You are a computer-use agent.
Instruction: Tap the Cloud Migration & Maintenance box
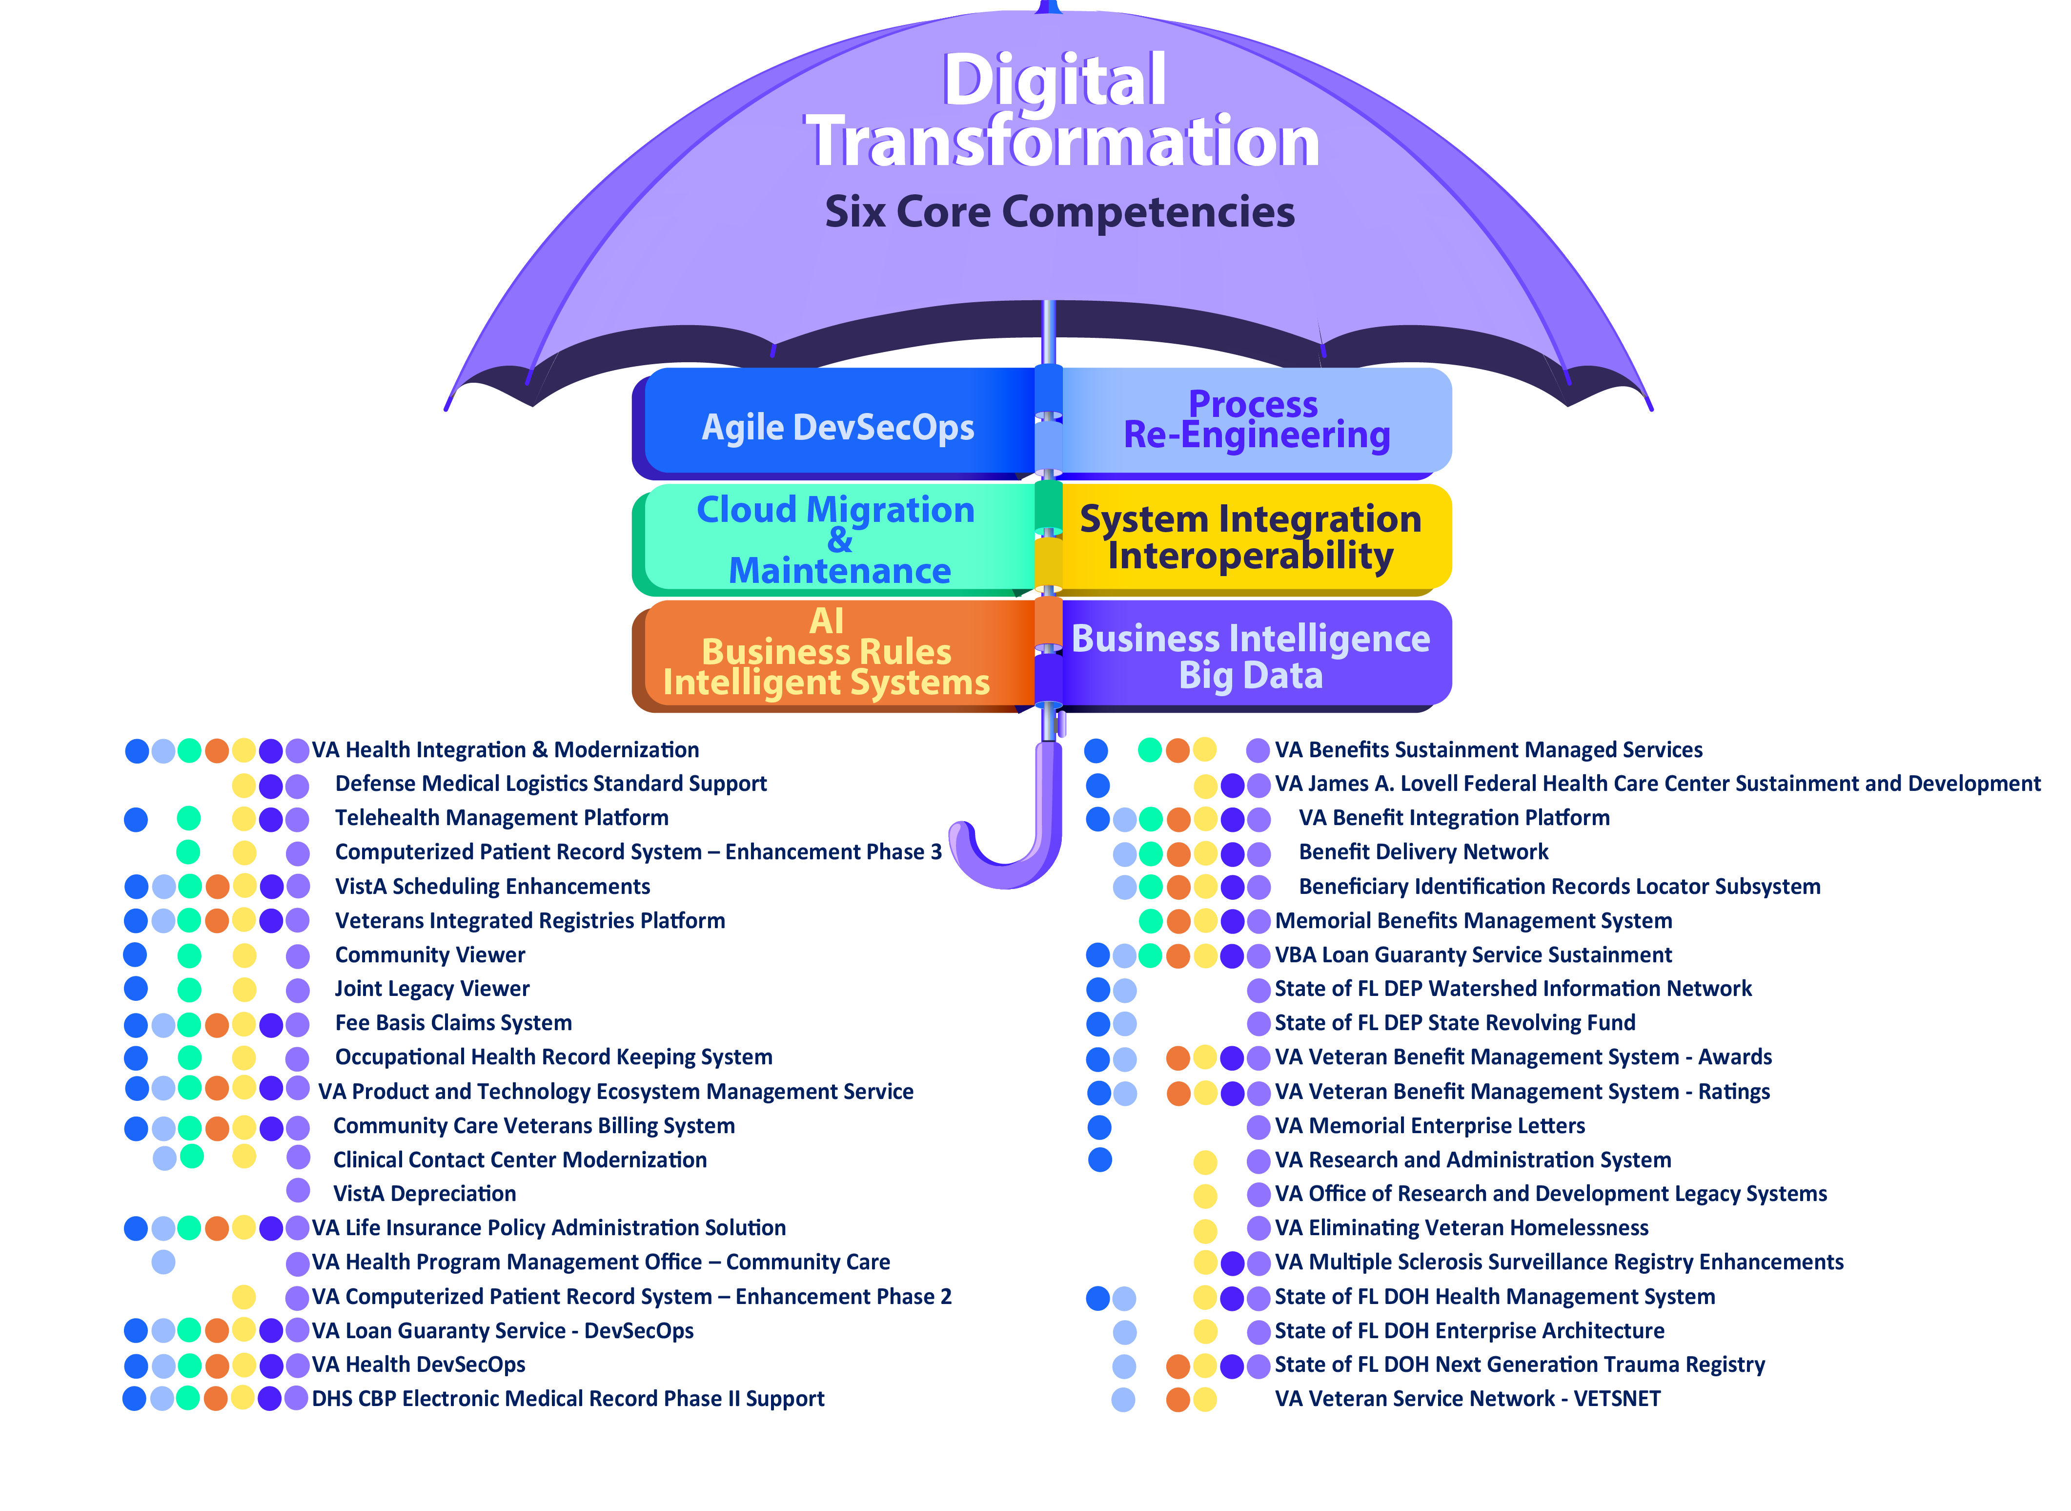point(836,539)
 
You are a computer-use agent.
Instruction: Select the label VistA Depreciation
point(424,1194)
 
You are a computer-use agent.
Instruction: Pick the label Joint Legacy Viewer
point(431,989)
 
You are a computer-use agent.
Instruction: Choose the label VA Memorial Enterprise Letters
point(1429,1126)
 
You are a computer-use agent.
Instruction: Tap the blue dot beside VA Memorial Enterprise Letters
point(1099,1127)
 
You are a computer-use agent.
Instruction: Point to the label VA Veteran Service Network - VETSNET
point(1466,1399)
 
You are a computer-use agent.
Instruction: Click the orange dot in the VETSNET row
point(1178,1399)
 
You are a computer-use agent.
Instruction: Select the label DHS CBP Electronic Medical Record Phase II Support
point(568,1399)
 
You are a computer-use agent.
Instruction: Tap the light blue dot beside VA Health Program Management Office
point(163,1262)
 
